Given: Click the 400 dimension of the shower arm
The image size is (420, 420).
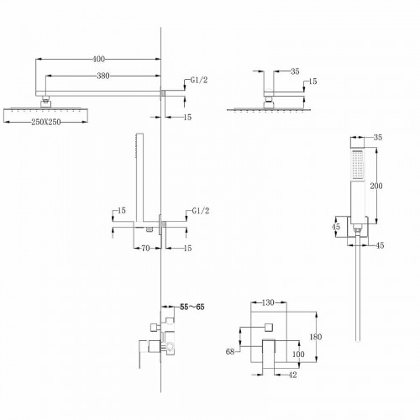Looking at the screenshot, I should pos(100,60).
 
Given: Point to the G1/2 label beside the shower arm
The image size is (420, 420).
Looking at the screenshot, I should pos(199,81).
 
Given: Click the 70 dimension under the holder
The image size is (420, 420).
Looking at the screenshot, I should pos(144,249).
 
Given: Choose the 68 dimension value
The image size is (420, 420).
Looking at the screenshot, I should pos(229,352).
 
